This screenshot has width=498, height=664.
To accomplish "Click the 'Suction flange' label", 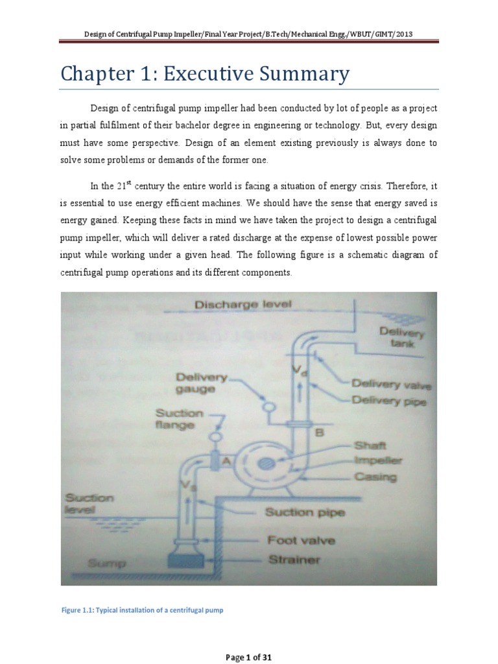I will (x=178, y=419).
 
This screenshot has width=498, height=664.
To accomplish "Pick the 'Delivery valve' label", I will (x=391, y=385).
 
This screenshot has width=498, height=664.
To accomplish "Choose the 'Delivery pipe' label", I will (x=388, y=401).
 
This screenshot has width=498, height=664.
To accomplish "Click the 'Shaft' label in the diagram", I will (x=370, y=445).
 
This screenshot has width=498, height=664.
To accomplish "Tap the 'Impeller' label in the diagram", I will (x=378, y=461).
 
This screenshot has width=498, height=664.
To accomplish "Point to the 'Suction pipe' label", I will (x=304, y=512).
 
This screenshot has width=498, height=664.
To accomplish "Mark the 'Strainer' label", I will (x=294, y=560).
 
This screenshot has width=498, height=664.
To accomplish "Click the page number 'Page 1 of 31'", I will (x=248, y=658).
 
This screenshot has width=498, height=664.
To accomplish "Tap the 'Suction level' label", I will (x=89, y=504).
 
